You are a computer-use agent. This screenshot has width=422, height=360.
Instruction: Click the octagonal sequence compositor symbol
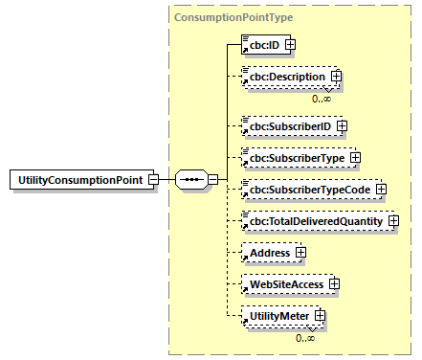click(x=190, y=179)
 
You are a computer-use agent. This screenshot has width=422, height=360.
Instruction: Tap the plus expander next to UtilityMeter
click(x=321, y=316)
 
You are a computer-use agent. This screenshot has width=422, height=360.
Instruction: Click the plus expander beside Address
click(x=300, y=253)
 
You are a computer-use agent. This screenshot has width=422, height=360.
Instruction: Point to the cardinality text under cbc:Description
click(x=322, y=98)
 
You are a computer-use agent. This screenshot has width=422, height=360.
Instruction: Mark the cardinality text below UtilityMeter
click(x=306, y=336)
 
